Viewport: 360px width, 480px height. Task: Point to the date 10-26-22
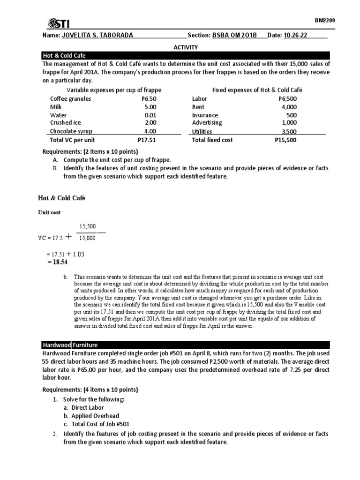tap(296, 36)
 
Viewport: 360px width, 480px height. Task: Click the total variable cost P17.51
tap(146, 140)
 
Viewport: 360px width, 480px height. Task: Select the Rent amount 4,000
tap(289, 107)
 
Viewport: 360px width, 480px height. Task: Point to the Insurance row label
tap(205, 115)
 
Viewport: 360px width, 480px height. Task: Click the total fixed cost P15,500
tap(285, 140)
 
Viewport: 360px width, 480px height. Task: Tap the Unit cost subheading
tap(49, 212)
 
